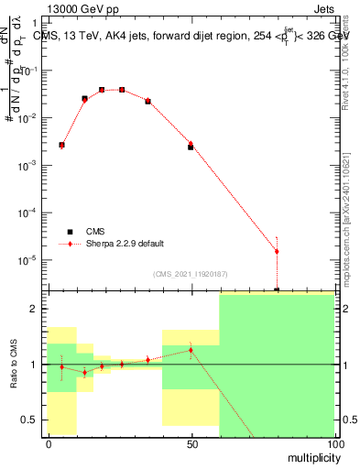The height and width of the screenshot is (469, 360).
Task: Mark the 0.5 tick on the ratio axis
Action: pos(34,420)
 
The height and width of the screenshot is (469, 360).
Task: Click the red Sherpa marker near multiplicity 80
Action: pos(277,251)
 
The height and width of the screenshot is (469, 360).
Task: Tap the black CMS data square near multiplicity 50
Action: pos(191,147)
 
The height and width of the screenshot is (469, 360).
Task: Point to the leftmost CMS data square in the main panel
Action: pos(61,145)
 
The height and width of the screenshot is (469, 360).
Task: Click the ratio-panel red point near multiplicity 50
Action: pos(191,350)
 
